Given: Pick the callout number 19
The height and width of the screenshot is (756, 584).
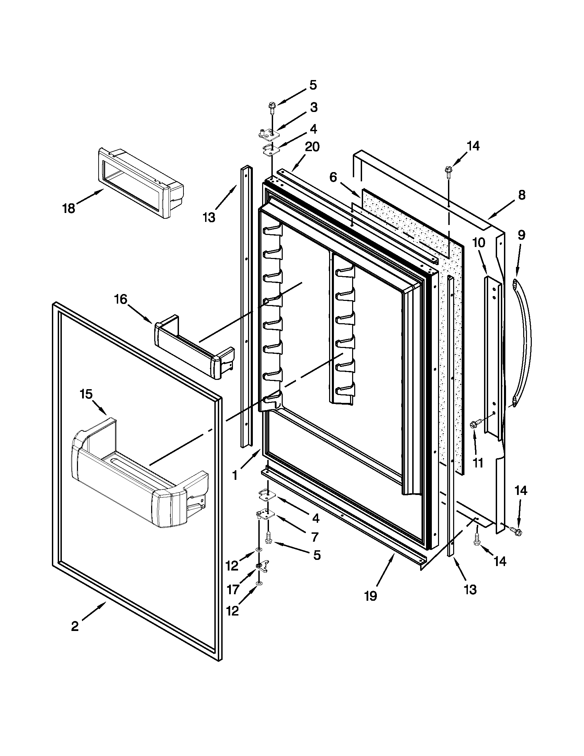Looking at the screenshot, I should (370, 596).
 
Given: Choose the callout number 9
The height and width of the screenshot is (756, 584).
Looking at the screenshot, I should (521, 235).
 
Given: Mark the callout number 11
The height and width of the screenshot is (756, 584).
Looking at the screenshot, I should (478, 463).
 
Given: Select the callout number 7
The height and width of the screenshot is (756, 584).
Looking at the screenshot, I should (314, 537).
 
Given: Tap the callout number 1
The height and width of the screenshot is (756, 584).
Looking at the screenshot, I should (235, 476).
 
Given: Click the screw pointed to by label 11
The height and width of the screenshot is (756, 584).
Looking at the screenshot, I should (476, 423).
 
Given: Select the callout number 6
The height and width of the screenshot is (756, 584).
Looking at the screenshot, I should (333, 178).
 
